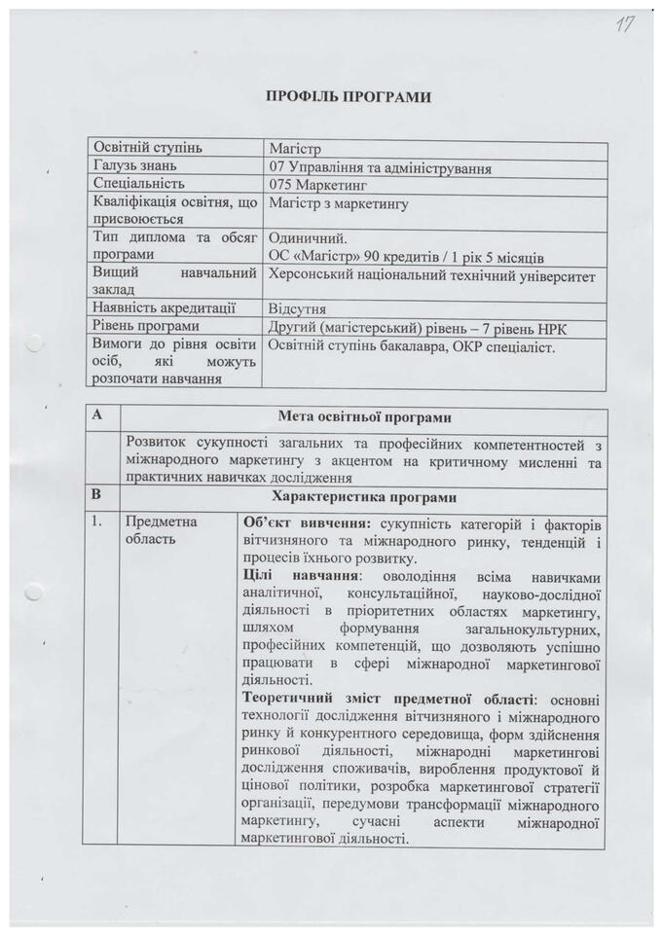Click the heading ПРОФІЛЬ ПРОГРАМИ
coord(348,96)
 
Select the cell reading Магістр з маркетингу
coord(338,203)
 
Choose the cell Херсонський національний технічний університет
coord(431,276)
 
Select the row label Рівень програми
coord(146,326)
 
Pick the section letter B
coord(96,494)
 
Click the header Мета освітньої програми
coord(364,418)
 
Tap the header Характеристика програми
coord(365,495)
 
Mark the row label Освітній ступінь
coord(147,148)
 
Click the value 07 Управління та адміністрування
coord(380,167)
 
